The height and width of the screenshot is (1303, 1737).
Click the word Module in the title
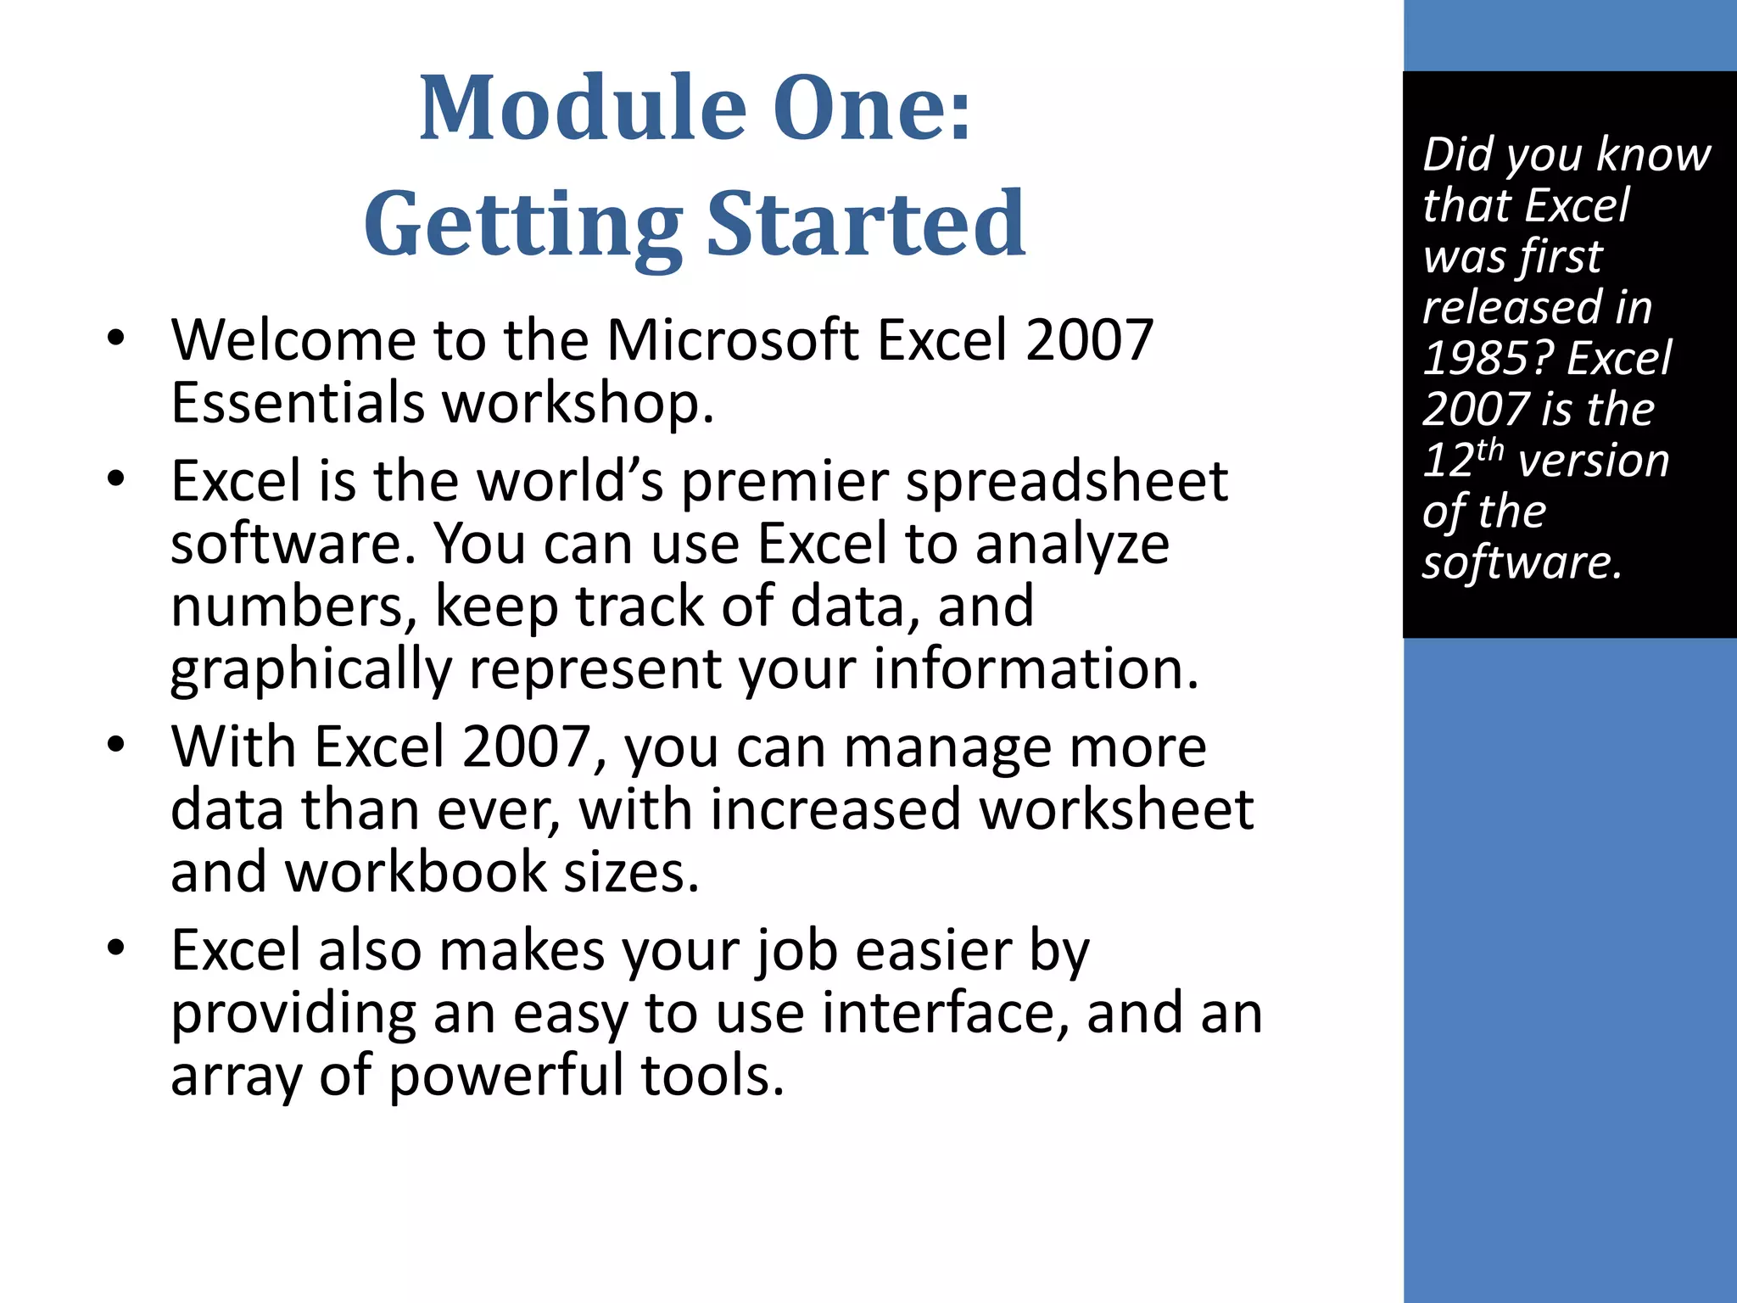click(583, 109)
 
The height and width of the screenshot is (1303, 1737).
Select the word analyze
click(1072, 545)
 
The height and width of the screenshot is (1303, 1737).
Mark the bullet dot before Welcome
click(116, 338)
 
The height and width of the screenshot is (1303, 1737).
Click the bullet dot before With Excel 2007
click(116, 745)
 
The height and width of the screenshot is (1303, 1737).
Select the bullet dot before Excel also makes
click(116, 948)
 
